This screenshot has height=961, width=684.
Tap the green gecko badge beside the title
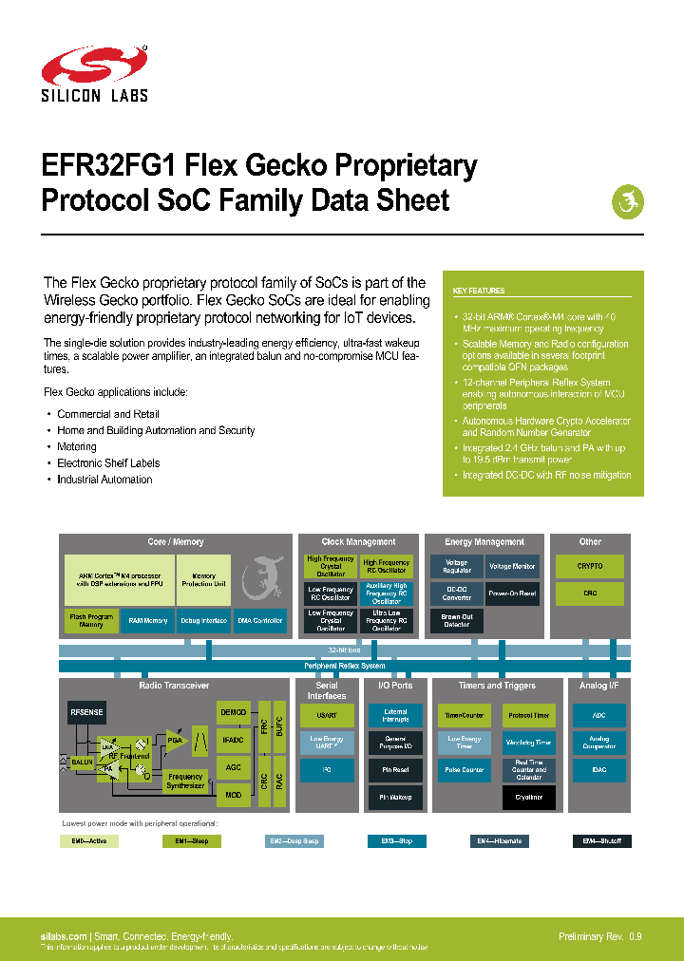click(x=627, y=201)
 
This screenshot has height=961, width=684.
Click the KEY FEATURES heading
click(x=479, y=291)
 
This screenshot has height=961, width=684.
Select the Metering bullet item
click(x=77, y=446)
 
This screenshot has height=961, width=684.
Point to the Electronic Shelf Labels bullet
click(x=108, y=463)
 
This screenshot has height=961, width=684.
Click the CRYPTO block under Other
click(x=590, y=567)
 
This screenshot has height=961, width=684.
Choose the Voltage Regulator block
click(x=456, y=567)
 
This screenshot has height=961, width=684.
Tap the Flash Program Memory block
click(x=91, y=620)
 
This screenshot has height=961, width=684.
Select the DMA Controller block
click(x=259, y=620)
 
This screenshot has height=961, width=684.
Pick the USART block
click(x=326, y=715)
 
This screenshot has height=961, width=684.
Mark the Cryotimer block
click(x=529, y=797)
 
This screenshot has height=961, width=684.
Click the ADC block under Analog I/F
click(x=598, y=715)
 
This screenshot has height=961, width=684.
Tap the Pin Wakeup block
click(x=395, y=797)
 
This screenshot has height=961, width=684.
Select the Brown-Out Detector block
click(x=456, y=620)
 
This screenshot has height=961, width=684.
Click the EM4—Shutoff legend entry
click(x=601, y=841)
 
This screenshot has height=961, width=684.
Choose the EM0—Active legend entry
click(x=90, y=841)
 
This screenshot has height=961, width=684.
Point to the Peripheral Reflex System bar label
click(x=344, y=666)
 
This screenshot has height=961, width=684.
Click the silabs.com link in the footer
click(x=64, y=936)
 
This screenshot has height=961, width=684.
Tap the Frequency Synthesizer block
click(x=186, y=782)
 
